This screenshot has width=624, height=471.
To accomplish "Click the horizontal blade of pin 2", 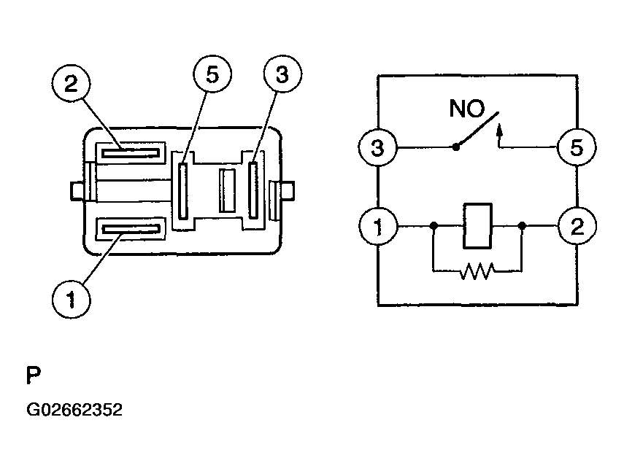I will click(131, 152).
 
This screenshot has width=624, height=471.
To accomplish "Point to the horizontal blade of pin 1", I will click(131, 230).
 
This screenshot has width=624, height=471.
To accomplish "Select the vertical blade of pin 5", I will click(183, 191).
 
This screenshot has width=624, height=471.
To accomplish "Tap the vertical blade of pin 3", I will click(254, 191).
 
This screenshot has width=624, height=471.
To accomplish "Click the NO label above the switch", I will click(467, 109).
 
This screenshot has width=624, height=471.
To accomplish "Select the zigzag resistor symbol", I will click(477, 272).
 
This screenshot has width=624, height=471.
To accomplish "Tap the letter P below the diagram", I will click(34, 376).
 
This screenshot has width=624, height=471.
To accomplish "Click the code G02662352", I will click(74, 410).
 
